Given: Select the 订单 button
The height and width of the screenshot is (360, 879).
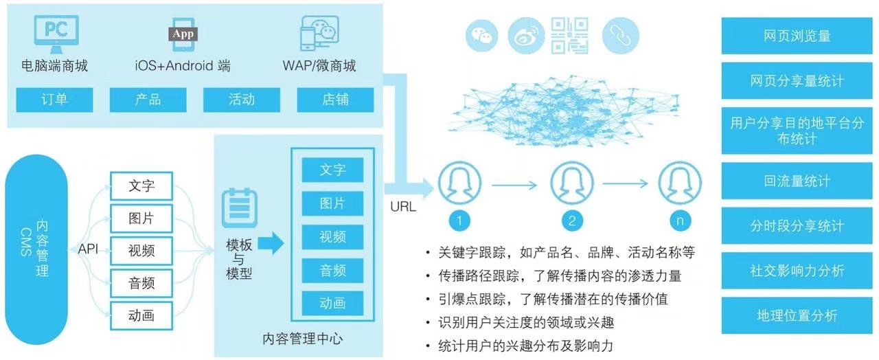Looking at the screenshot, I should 55,100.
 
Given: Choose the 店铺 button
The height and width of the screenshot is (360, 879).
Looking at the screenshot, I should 335,100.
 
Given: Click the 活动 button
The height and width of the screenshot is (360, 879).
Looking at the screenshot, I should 242,100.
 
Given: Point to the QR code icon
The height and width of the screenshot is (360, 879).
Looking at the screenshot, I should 569,35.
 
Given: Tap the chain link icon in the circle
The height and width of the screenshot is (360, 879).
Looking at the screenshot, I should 621,35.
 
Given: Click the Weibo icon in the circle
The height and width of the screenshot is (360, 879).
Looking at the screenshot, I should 526,35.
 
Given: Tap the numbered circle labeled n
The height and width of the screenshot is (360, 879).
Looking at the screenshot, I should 679,220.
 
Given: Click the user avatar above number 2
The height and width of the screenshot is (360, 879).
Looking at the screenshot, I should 571,182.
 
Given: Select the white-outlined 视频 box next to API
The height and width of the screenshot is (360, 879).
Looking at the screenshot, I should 141,250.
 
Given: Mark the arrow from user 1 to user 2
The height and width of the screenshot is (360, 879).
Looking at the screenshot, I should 516,183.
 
